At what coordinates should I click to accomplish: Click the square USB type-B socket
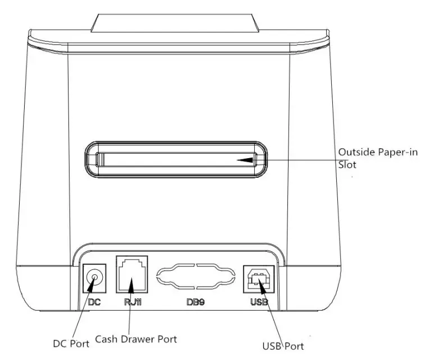(x=258, y=278)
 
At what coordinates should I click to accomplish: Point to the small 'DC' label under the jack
(x=94, y=302)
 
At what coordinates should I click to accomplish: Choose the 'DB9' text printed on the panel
(x=196, y=302)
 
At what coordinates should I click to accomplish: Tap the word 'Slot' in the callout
(x=346, y=165)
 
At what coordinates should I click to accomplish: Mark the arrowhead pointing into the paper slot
(x=245, y=160)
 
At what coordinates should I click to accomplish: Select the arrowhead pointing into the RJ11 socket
(x=131, y=289)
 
